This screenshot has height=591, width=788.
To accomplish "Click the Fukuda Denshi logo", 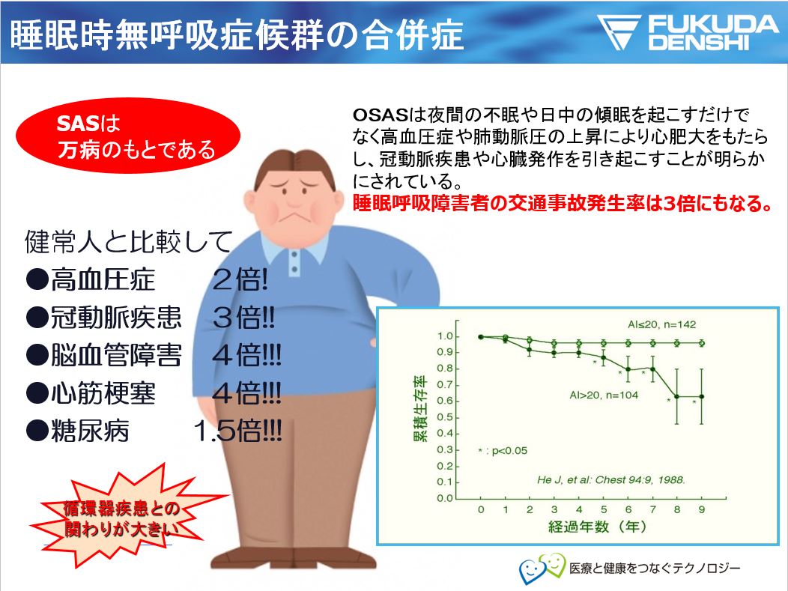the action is [x=688, y=32].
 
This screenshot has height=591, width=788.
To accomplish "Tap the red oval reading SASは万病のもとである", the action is [x=127, y=136].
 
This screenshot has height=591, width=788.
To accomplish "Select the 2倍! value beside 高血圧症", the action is [x=240, y=279].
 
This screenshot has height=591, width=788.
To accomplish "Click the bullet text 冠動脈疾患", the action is [x=115, y=317].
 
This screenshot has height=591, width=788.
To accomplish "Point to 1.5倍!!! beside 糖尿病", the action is [x=237, y=431].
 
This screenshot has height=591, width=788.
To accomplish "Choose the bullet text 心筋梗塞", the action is [x=103, y=393].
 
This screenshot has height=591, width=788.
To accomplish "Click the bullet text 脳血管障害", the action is [x=115, y=355].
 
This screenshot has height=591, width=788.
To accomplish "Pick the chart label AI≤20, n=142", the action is [x=661, y=324].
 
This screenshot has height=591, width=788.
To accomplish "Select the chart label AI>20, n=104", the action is [x=604, y=395].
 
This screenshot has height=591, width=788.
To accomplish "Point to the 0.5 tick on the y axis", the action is [x=445, y=417].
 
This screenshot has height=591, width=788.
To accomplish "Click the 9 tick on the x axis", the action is [x=702, y=509].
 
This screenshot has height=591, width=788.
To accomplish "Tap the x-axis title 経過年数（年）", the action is [x=597, y=527].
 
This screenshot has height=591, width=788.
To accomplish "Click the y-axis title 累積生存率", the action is [x=420, y=408].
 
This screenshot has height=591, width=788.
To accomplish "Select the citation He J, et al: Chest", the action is [x=611, y=479].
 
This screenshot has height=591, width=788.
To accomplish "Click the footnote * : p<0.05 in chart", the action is [x=503, y=451].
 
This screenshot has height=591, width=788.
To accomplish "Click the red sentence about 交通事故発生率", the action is [x=563, y=204].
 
